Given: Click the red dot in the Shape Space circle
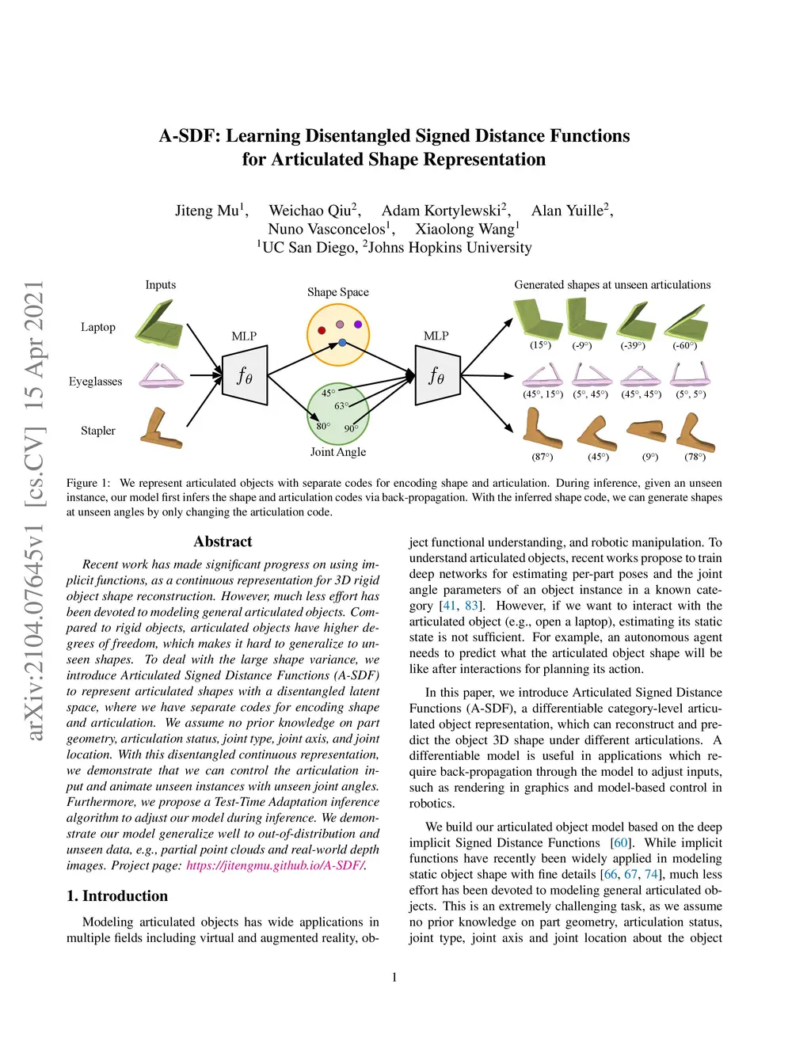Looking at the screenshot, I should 322,330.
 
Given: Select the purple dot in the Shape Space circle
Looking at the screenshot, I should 358,324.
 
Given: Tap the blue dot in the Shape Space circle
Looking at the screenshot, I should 342,343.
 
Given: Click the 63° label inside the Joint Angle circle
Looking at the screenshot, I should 341,406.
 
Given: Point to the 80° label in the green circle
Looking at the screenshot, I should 323,426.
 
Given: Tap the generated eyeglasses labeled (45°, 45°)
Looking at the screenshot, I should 641,374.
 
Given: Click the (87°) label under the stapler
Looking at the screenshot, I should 543,457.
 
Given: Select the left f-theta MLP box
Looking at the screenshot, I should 245,375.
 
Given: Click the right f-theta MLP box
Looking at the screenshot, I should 437,375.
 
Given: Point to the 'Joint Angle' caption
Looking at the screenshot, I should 338,452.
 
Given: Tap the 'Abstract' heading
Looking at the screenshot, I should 223,542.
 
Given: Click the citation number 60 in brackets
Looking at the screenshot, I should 622,842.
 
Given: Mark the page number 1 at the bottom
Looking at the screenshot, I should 394,977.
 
